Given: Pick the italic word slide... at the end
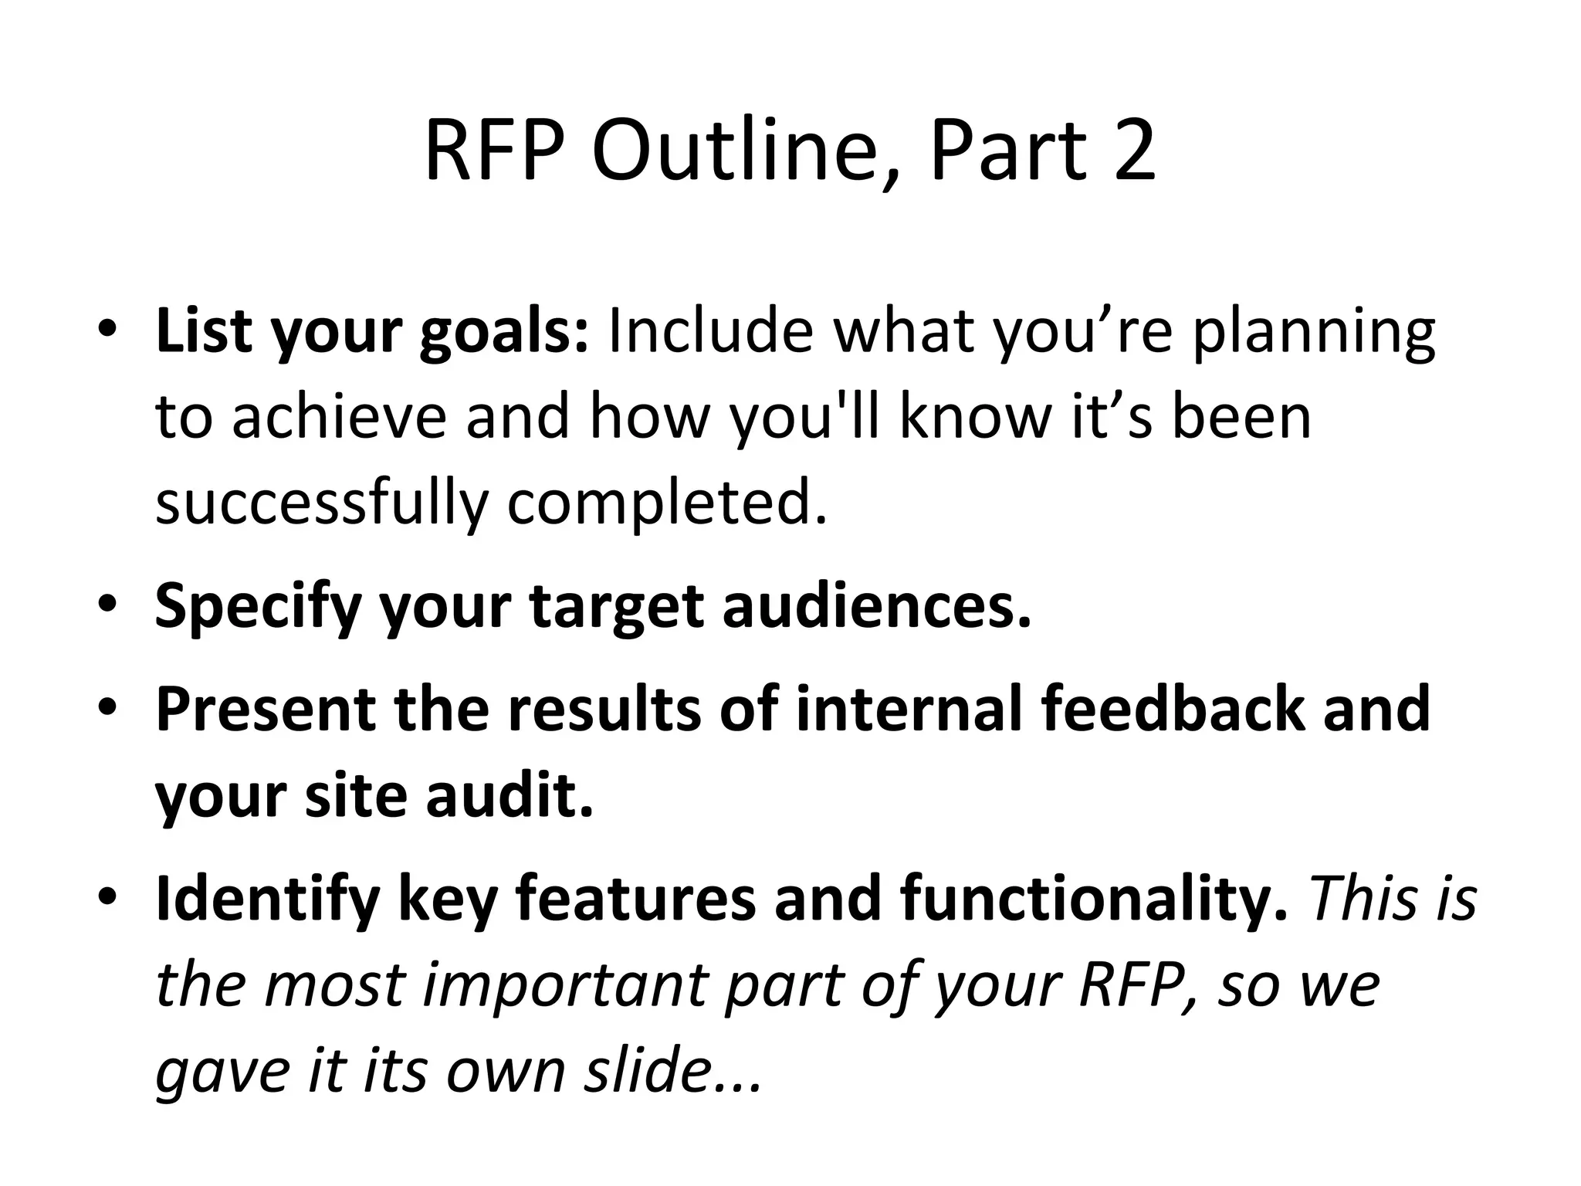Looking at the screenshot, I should pyautogui.click(x=672, y=1072).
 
